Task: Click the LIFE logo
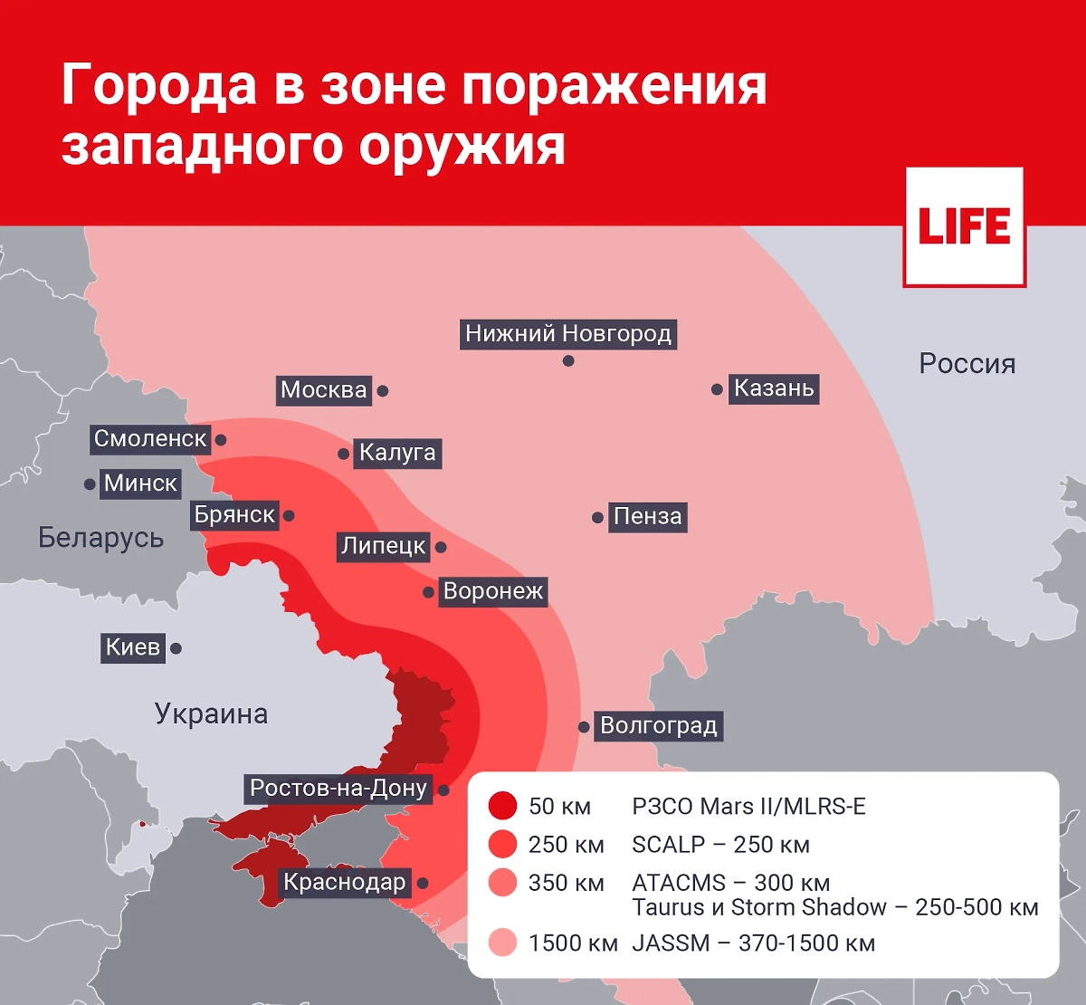964,227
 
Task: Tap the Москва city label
323,390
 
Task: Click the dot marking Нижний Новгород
568,360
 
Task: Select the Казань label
774,388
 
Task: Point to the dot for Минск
90,484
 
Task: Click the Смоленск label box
150,439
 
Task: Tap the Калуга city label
397,453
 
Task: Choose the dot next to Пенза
597,518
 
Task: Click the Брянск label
234,515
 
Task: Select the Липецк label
383,546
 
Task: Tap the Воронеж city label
493,592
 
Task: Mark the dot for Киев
176,648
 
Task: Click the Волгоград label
658,726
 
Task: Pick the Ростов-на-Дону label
338,789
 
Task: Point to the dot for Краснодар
423,884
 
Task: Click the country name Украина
211,714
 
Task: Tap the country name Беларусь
100,538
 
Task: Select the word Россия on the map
967,364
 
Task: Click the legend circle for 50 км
502,806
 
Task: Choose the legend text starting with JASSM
753,943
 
